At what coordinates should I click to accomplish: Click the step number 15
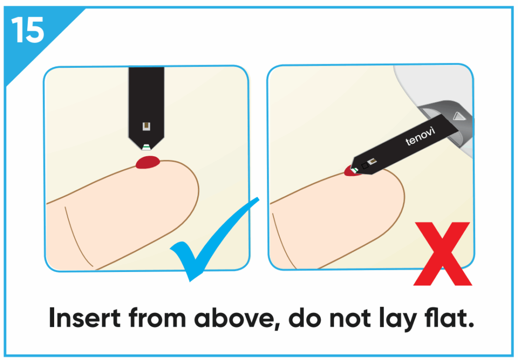(28, 30)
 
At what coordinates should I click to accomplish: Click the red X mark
(443, 254)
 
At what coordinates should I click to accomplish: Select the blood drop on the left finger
(148, 162)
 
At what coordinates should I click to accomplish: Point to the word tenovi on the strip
(420, 136)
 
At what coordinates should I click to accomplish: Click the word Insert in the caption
(84, 318)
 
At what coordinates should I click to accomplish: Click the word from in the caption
(157, 318)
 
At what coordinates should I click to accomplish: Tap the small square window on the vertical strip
(146, 126)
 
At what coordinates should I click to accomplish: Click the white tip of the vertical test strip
(146, 147)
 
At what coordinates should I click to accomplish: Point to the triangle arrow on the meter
(459, 116)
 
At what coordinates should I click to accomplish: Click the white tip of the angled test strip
(355, 170)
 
